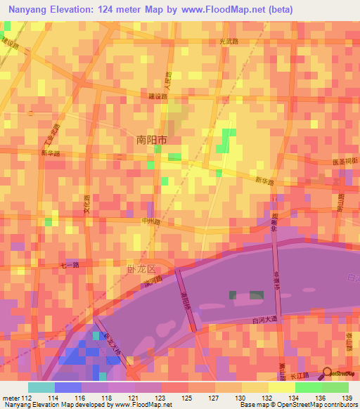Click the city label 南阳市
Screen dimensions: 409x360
point(151,140)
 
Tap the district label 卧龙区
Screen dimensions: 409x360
point(141,269)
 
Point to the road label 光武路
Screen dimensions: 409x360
point(230,41)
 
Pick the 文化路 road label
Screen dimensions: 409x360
point(88,204)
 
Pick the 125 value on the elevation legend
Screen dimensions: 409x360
point(186,398)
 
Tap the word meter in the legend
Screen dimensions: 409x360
point(9,398)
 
